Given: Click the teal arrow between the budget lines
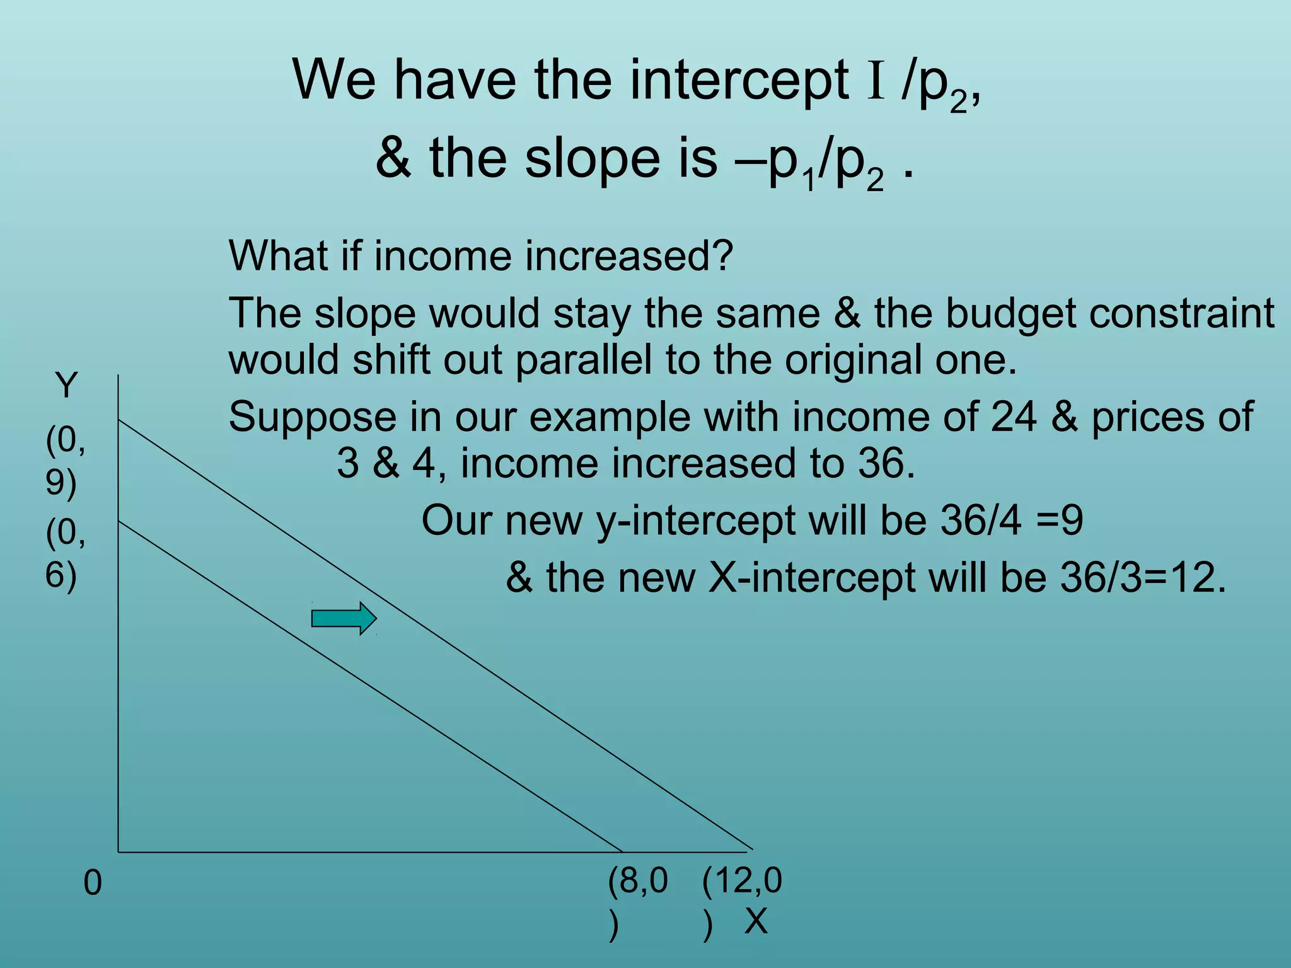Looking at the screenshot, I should (344, 618).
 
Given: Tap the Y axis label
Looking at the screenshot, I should (66, 385).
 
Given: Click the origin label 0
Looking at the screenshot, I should (92, 884).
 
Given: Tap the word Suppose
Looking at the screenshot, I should (312, 417).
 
